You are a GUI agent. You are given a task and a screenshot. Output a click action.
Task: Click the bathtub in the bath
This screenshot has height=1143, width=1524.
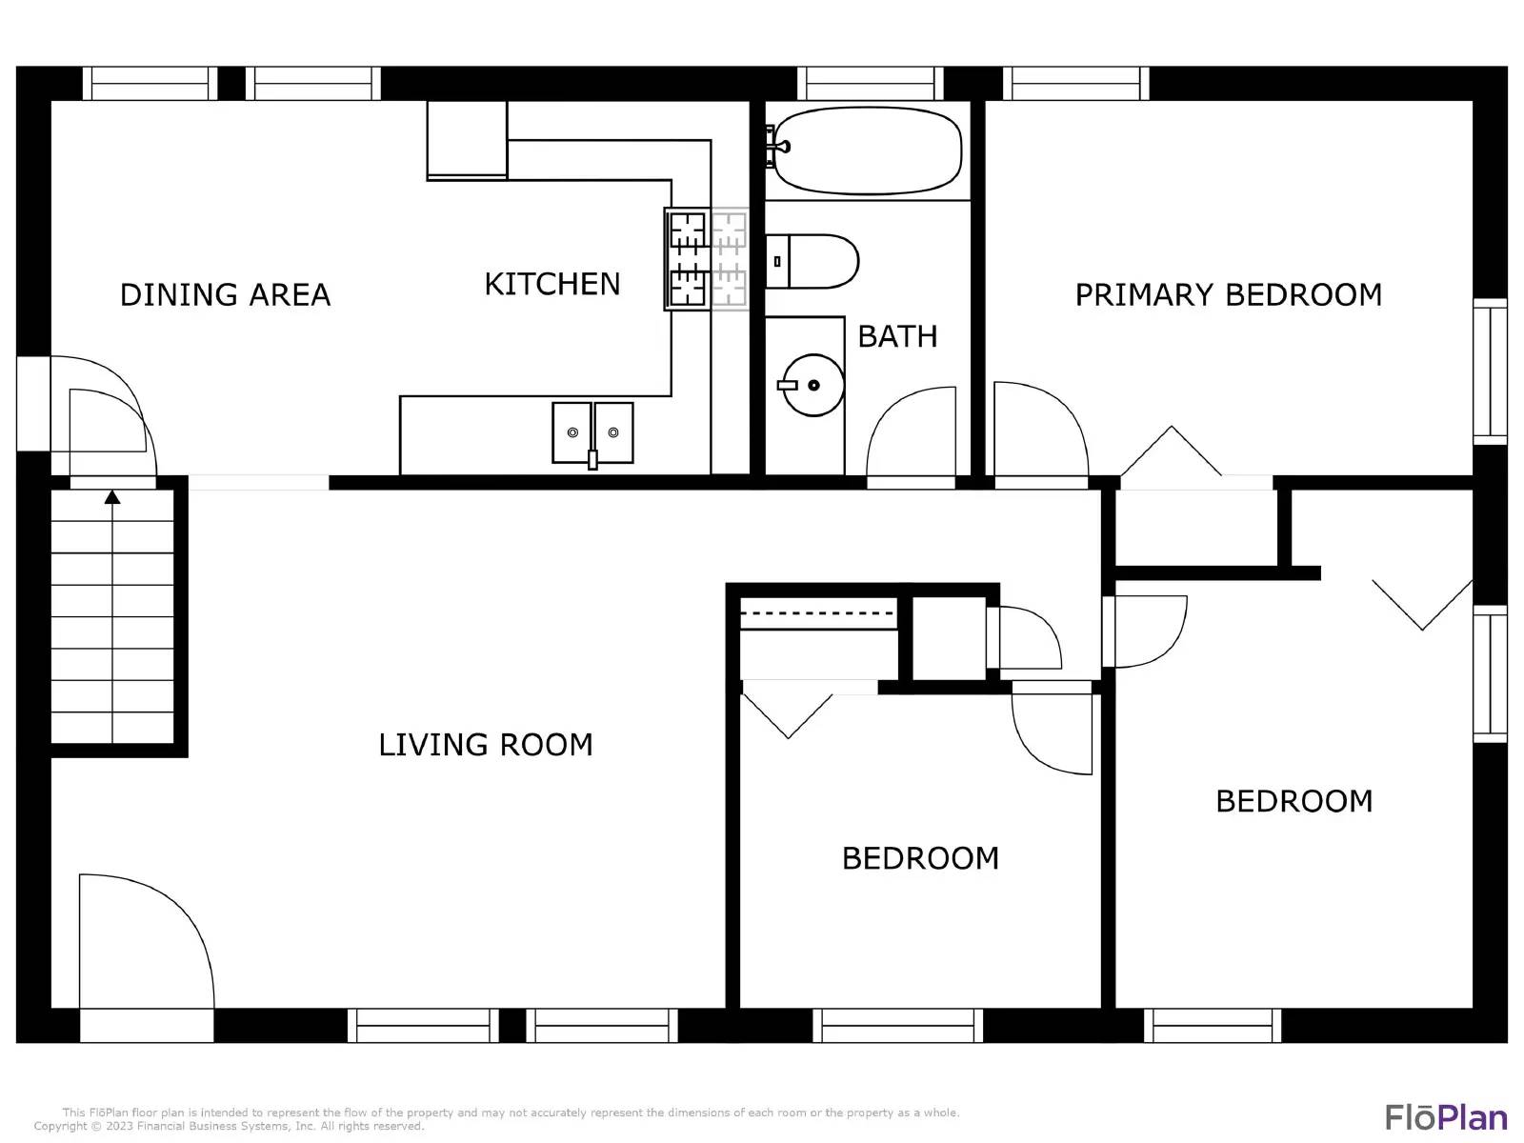point(866,150)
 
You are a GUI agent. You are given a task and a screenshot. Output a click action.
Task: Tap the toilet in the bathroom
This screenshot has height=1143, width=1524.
point(812,262)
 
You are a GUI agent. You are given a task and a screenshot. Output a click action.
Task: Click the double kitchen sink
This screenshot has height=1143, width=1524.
point(592,433)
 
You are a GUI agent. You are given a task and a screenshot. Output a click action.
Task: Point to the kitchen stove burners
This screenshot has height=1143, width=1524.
point(707,259)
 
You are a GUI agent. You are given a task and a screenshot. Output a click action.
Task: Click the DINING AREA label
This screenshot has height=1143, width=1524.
point(225,295)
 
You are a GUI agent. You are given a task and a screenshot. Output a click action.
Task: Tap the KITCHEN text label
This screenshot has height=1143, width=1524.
point(551,284)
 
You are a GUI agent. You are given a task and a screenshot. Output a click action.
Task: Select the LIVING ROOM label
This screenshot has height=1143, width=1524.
point(486,745)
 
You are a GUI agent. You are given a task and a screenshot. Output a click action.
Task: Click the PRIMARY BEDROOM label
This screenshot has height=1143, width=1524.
point(1228,295)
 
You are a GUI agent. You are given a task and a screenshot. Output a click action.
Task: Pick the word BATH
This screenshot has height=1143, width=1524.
point(897,336)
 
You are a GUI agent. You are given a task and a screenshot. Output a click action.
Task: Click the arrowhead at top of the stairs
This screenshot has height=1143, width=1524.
point(112,497)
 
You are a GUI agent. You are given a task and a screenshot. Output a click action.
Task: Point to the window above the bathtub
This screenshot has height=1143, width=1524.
point(870,83)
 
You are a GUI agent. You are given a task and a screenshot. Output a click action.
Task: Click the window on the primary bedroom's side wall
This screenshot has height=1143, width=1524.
point(1490,371)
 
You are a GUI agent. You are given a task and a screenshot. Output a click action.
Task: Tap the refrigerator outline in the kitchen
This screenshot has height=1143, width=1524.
point(467,140)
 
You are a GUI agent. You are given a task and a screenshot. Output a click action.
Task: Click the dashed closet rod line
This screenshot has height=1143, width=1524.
point(818,613)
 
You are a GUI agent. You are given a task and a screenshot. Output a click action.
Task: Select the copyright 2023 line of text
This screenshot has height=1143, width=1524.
point(229,1126)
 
